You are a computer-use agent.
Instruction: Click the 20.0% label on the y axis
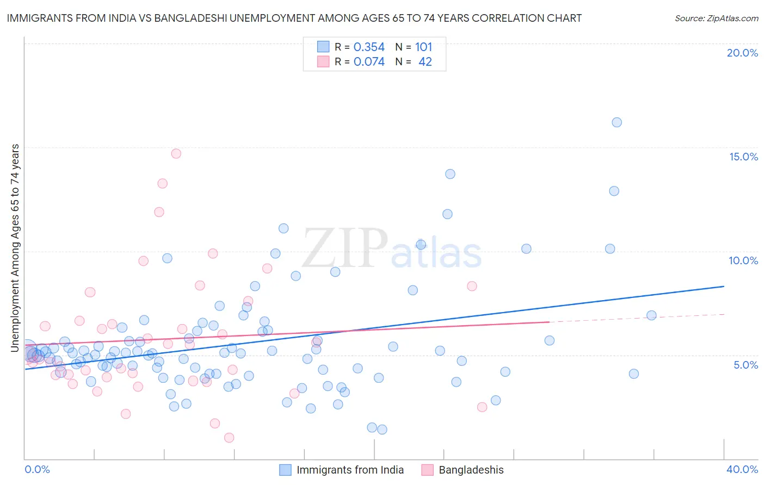coord(742,53)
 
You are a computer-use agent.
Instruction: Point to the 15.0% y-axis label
coord(743,157)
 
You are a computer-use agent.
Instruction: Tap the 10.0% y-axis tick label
coord(743,260)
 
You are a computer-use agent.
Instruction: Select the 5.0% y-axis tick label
coord(745,365)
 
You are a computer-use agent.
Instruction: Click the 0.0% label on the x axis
coord(37,469)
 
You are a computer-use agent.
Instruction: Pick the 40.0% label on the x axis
coord(742,469)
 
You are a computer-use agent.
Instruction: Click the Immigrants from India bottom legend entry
coord(350,470)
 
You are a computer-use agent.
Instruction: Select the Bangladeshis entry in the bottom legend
coord(471,470)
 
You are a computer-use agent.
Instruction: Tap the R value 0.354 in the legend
coord(369,47)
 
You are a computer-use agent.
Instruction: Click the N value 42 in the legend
coord(425,62)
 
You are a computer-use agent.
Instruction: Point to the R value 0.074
coord(369,62)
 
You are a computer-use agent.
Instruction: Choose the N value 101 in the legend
coord(423,47)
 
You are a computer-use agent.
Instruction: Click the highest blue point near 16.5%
coord(616,122)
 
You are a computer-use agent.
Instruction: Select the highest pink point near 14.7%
coord(176,153)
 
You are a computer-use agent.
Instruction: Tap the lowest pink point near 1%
coord(229,438)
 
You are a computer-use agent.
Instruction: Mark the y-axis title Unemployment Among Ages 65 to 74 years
coord(15,247)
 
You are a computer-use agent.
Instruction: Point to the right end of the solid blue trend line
coord(724,286)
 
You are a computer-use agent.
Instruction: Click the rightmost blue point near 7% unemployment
coord(651,315)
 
